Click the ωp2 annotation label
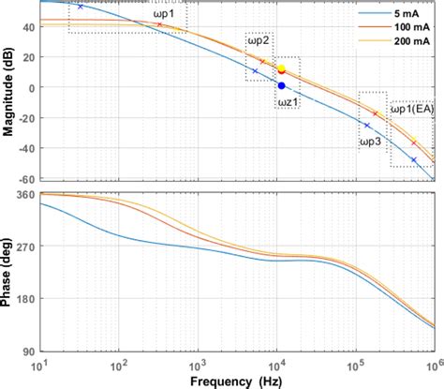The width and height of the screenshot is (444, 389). click(259, 40)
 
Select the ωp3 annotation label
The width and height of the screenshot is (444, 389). click(370, 141)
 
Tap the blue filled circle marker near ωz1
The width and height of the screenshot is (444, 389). click(281, 85)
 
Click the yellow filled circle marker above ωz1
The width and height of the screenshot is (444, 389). click(281, 68)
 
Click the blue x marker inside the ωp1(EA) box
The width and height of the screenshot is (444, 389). click(414, 160)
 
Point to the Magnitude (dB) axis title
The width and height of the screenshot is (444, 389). click(8, 92)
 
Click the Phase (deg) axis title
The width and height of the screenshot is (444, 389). click(8, 272)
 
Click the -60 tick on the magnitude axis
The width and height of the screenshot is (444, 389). click(25, 178)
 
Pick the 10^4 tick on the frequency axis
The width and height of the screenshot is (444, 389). click(275, 364)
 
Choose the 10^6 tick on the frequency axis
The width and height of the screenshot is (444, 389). click(432, 364)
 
